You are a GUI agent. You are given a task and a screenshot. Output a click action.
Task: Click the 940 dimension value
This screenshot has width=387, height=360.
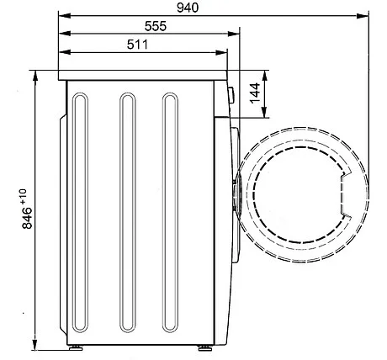(188, 8)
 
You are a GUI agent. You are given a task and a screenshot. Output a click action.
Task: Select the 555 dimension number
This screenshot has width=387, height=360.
(156, 26)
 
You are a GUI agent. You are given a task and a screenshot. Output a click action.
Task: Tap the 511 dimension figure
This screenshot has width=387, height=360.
(137, 45)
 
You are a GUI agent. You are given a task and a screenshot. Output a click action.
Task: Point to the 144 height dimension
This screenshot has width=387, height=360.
(255, 93)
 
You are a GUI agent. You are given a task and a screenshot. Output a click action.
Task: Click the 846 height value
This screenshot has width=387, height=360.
(27, 218)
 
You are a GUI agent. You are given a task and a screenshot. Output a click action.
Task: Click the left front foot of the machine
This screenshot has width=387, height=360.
(76, 347)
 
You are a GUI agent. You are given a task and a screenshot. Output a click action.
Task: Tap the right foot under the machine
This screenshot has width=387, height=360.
(204, 347)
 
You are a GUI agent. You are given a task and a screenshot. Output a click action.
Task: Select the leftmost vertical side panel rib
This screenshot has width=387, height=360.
(80, 213)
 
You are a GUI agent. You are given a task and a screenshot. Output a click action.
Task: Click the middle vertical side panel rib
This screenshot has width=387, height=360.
(128, 213)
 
